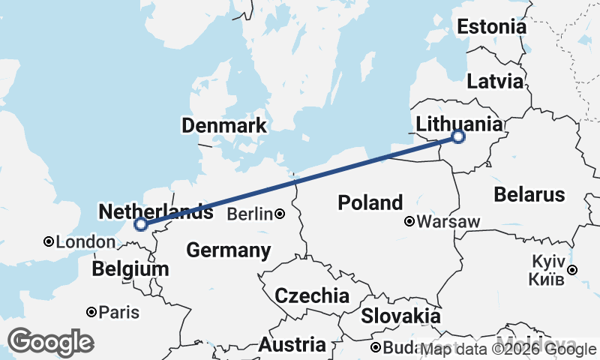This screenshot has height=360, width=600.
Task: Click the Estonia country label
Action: point(491,27)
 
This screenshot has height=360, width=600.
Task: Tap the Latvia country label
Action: point(494,81)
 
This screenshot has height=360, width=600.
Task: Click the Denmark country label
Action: point(223,125)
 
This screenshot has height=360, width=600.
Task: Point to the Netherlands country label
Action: point(155,212)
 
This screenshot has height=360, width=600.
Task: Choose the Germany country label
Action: point(228,250)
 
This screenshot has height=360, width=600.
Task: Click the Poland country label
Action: point(370,202)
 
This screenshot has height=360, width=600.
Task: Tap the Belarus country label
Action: point(529,195)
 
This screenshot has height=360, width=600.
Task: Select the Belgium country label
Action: point(130,269)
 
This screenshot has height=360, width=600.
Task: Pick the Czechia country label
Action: point(311,295)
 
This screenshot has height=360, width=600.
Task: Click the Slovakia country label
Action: point(400,316)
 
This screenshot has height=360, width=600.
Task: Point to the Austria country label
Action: point(292,345)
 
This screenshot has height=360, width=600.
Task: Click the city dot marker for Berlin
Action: point(280,214)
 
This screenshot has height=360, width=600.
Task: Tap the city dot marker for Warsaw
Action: point(409,222)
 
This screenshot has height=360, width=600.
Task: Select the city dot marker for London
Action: point(49,241)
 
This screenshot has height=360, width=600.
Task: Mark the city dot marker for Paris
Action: point(91,312)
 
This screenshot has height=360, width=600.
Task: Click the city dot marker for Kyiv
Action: point(572,270)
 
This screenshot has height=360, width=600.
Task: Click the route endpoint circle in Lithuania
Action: point(458,136)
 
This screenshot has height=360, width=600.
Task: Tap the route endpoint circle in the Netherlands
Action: point(140,224)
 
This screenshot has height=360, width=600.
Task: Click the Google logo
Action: point(50,342)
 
